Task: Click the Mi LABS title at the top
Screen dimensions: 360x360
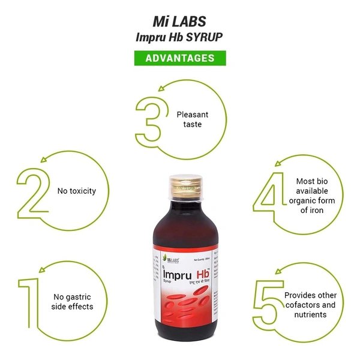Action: tap(180, 21)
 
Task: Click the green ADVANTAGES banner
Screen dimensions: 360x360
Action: tap(179, 58)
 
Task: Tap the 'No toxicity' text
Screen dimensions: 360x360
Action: tap(76, 191)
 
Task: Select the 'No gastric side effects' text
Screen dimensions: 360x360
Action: tap(73, 301)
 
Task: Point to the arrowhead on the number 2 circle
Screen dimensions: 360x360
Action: tap(42, 159)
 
